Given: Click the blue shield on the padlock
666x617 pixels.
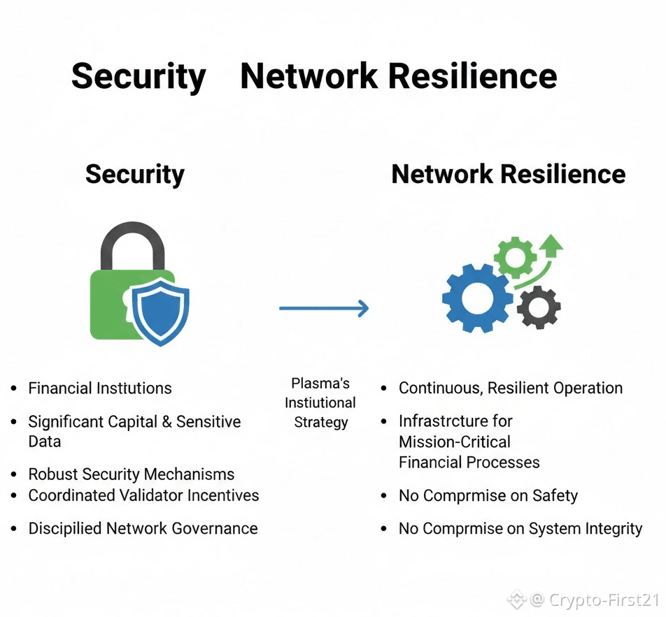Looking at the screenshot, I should tap(161, 311).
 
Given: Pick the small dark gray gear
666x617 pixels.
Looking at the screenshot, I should tap(539, 308).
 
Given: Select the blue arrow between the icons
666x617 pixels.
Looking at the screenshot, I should tap(323, 308).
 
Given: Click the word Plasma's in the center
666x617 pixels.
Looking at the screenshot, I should tap(320, 384).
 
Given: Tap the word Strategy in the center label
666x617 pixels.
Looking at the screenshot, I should tap(321, 422).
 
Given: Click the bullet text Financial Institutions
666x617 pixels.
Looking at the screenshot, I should tap(100, 389).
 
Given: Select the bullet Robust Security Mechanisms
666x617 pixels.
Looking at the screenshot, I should tap(132, 474).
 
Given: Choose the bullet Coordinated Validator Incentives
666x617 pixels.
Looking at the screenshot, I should tap(143, 495).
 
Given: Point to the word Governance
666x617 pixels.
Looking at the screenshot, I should tap(213, 529).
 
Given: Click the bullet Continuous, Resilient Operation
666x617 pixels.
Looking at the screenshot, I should tap(510, 389).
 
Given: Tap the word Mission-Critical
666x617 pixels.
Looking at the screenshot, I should tap(455, 442).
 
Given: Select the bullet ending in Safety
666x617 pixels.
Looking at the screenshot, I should tap(488, 496).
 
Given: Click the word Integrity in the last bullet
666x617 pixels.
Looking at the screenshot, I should tap(609, 529).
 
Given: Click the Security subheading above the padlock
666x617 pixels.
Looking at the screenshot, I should tap(135, 174).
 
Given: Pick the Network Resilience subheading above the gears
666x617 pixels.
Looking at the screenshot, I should tap(509, 174).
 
